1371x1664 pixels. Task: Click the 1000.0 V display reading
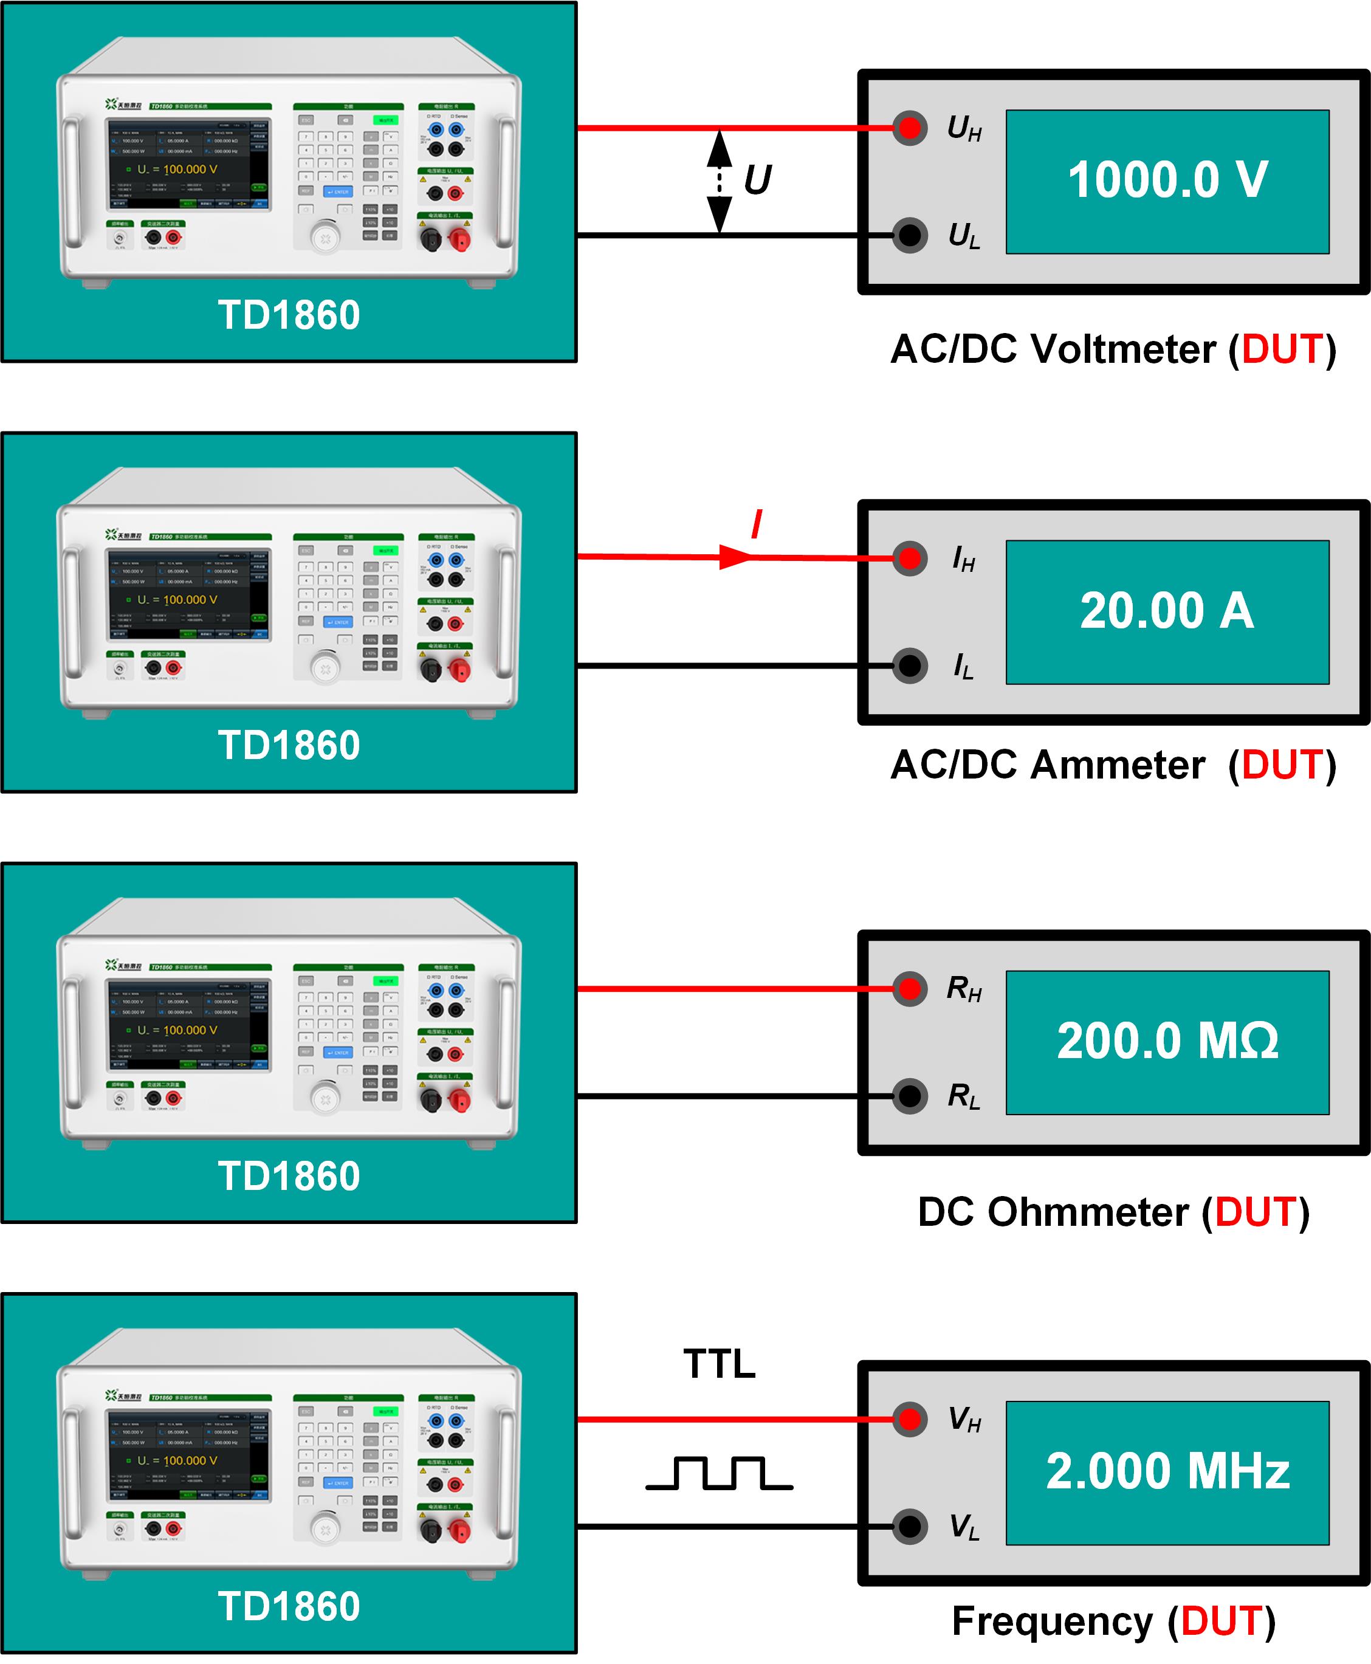(x=1167, y=179)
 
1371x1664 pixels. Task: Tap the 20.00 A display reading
(x=1167, y=610)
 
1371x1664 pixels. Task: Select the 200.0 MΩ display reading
(x=1167, y=1041)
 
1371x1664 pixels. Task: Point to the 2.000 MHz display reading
(x=1167, y=1471)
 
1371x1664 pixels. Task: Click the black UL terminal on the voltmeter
(x=910, y=235)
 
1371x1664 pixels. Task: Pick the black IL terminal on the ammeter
(x=910, y=665)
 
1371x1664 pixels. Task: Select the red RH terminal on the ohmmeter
(x=910, y=989)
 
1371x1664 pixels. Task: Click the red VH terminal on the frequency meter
(x=910, y=1419)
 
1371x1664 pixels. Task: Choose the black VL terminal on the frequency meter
(x=910, y=1527)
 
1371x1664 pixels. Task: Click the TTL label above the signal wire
(x=719, y=1364)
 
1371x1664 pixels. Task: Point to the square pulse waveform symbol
(x=719, y=1473)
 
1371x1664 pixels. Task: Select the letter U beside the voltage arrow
(x=757, y=180)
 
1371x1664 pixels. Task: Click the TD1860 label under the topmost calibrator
(x=289, y=315)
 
